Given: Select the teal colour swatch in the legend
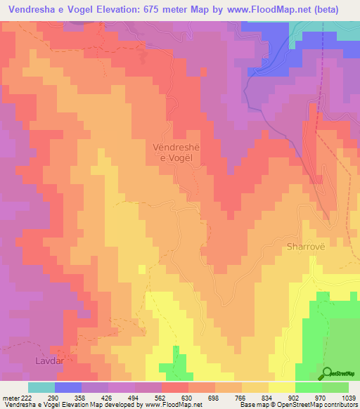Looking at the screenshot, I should [x=41, y=387].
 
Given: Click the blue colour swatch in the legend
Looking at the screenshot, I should [x=68, y=387].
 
